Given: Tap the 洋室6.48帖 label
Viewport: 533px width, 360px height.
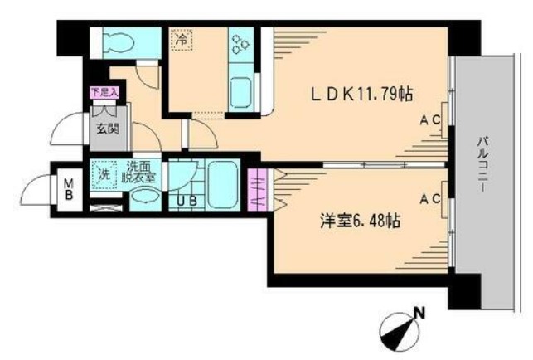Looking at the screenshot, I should (x=361, y=221).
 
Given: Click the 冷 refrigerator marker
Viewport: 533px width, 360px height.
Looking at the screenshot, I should (x=181, y=39).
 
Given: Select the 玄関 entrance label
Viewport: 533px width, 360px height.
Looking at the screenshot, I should (x=104, y=129).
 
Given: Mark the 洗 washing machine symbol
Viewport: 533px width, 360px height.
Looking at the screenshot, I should (x=104, y=174).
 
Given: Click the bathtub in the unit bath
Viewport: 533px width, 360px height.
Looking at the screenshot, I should (x=221, y=182).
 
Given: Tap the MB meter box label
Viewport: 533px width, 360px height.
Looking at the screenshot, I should (x=69, y=188).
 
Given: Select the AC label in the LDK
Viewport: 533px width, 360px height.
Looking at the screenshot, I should (x=429, y=121).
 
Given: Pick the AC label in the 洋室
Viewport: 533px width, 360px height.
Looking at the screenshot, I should (x=429, y=199).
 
